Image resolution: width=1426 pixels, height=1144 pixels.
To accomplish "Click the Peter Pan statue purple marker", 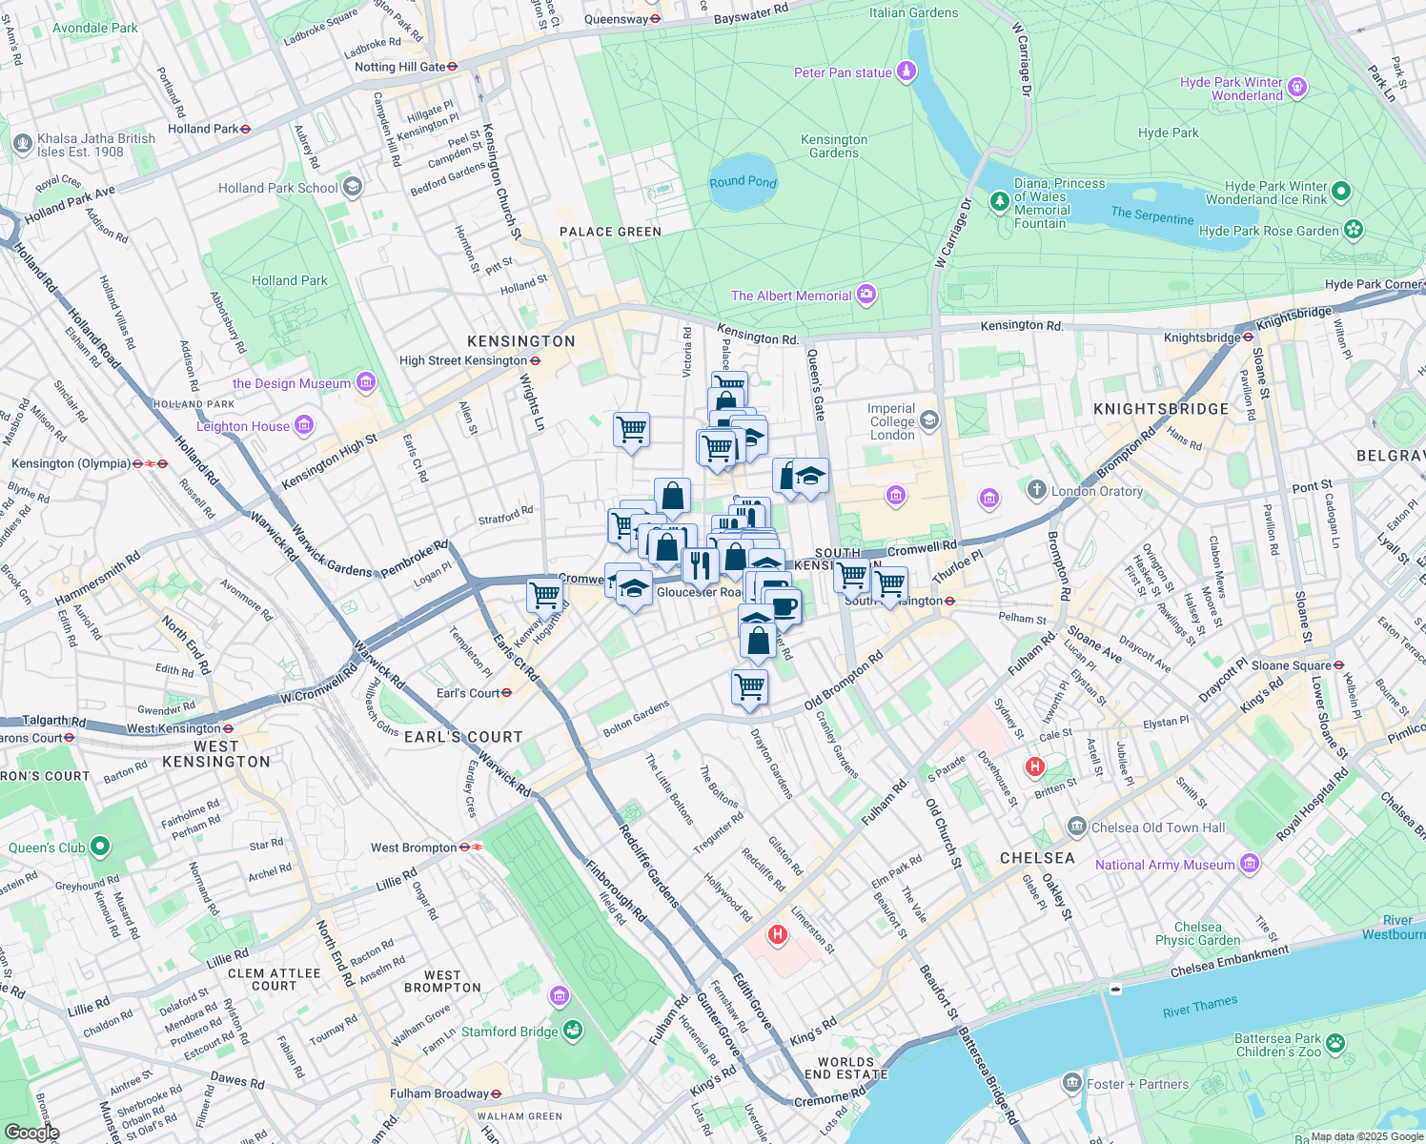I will pyautogui.click(x=907, y=71).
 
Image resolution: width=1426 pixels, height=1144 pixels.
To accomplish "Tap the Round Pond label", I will pyautogui.click(x=743, y=182).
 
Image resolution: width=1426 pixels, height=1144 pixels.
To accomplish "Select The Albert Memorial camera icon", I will pyautogui.click(x=866, y=295).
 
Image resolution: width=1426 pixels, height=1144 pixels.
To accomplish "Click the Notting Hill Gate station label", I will pyautogui.click(x=399, y=67).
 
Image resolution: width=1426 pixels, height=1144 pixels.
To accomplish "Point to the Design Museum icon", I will pyautogui.click(x=365, y=382).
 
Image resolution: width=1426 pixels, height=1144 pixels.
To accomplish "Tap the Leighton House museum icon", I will pyautogui.click(x=304, y=425).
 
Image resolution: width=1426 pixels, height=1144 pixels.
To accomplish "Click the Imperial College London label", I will pyautogui.click(x=891, y=421).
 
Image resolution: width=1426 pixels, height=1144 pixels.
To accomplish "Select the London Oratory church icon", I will pyautogui.click(x=1036, y=490).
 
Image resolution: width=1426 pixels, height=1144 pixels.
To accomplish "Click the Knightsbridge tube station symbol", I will pyautogui.click(x=1248, y=337).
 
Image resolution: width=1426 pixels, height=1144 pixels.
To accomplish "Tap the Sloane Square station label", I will pyautogui.click(x=1291, y=665).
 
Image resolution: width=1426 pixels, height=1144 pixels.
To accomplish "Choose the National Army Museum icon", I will pyautogui.click(x=1250, y=864).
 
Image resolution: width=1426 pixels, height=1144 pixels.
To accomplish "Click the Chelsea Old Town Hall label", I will pyautogui.click(x=1158, y=827).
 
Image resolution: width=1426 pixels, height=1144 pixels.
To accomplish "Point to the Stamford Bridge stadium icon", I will pyautogui.click(x=573, y=1031).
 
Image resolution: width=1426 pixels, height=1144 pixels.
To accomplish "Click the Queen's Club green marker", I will pyautogui.click(x=100, y=847).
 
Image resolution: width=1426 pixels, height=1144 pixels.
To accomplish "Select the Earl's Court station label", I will pyautogui.click(x=468, y=693).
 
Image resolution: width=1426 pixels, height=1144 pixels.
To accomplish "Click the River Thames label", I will pyautogui.click(x=1200, y=1006).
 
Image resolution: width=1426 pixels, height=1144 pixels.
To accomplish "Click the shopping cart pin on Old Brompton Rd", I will pyautogui.click(x=749, y=685).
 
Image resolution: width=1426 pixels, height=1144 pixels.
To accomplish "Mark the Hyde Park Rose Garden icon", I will pyautogui.click(x=1353, y=230).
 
